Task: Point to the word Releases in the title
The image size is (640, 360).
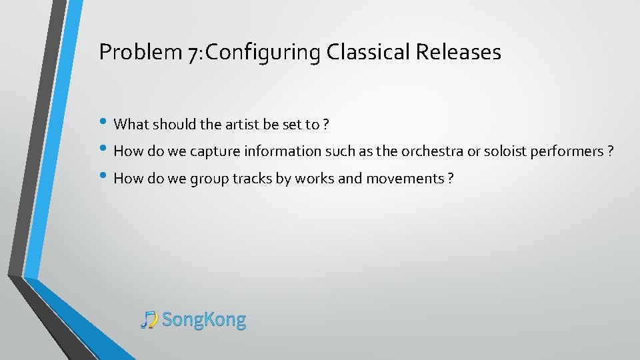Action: tap(459, 52)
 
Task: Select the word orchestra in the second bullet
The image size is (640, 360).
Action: tap(433, 151)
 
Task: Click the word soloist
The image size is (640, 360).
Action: tap(501, 151)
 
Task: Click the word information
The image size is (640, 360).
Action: tap(280, 151)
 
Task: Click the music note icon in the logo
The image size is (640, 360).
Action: tap(149, 320)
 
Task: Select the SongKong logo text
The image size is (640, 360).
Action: tap(204, 320)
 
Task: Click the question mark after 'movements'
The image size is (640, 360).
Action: tap(451, 179)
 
